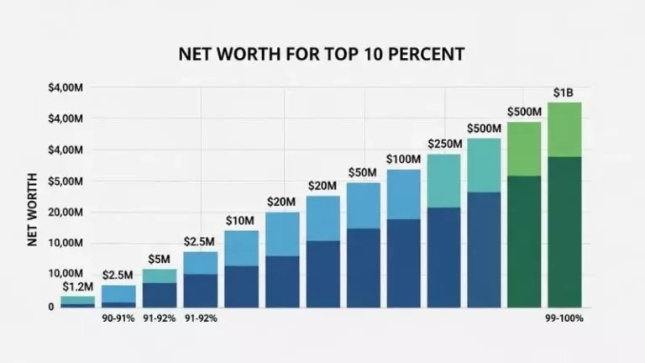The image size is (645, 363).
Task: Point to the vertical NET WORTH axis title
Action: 33,209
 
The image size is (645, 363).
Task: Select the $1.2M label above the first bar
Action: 77,288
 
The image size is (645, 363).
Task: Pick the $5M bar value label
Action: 160,260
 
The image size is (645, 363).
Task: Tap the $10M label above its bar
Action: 241,221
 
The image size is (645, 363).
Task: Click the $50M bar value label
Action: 363,172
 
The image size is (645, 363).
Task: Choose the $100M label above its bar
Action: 403,159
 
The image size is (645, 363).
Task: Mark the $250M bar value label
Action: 443,144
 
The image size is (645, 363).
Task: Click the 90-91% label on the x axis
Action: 118,319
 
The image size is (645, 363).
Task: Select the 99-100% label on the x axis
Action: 564,319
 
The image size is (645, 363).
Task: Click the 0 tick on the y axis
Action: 50,308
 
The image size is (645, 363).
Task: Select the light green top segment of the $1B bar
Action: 564,129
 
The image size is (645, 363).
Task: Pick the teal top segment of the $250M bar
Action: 443,180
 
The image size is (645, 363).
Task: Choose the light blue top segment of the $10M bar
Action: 241,247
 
